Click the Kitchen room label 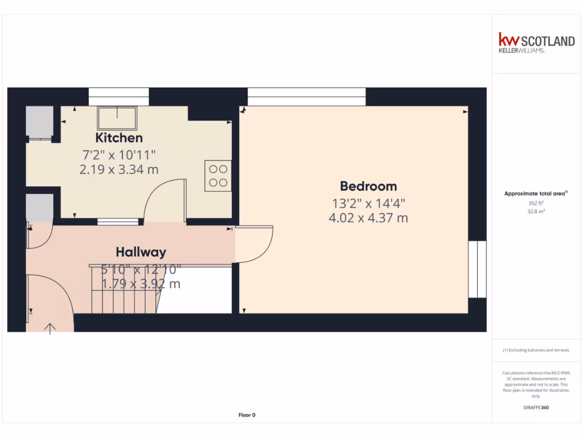pyautogui.click(x=119, y=138)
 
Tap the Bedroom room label pyautogui.click(x=368, y=186)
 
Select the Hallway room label pyautogui.click(x=141, y=252)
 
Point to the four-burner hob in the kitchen pyautogui.click(x=219, y=175)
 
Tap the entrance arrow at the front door pyautogui.click(x=50, y=328)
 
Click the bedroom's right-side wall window pyautogui.click(x=477, y=269)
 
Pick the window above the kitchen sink pyautogui.click(x=119, y=96)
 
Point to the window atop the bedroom pyautogui.click(x=306, y=96)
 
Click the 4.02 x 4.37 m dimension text pyautogui.click(x=368, y=217)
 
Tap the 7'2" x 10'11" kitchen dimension pyautogui.click(x=119, y=154)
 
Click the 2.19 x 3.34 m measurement pyautogui.click(x=119, y=169)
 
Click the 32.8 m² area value pyautogui.click(x=536, y=211)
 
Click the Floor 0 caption pyautogui.click(x=247, y=415)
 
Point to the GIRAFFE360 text pyautogui.click(x=536, y=407)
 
